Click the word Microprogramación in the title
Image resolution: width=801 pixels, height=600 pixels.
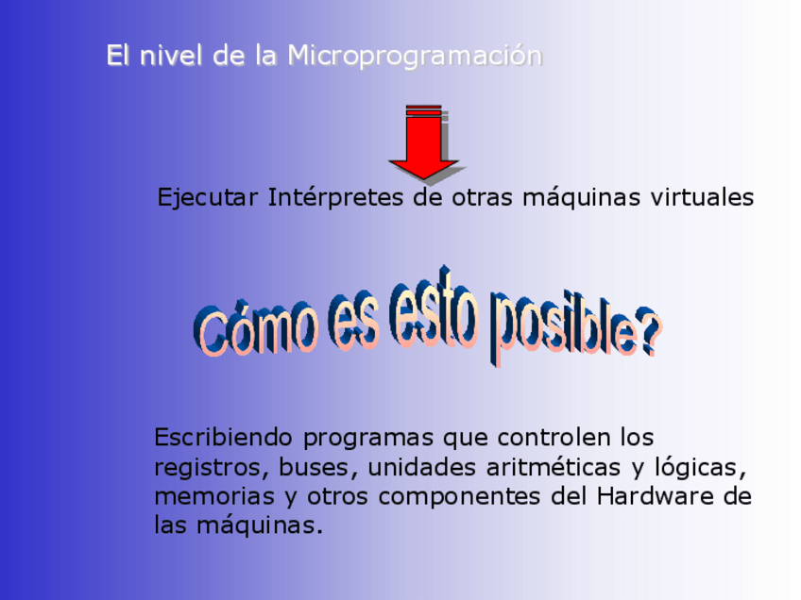(415, 56)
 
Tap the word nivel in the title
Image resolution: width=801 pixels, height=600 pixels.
(171, 55)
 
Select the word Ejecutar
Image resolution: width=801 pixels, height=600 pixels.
(208, 197)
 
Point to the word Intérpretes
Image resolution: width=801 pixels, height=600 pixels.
(335, 197)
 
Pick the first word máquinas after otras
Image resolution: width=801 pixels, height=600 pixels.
(581, 197)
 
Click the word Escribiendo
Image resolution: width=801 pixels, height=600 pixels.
(223, 437)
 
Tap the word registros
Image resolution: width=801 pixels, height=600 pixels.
(212, 468)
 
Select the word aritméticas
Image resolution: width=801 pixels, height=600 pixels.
(554, 467)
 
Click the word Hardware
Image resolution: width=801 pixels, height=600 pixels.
(656, 496)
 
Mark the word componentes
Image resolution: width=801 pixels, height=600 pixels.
(459, 497)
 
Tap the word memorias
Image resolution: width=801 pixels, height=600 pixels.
(214, 496)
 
